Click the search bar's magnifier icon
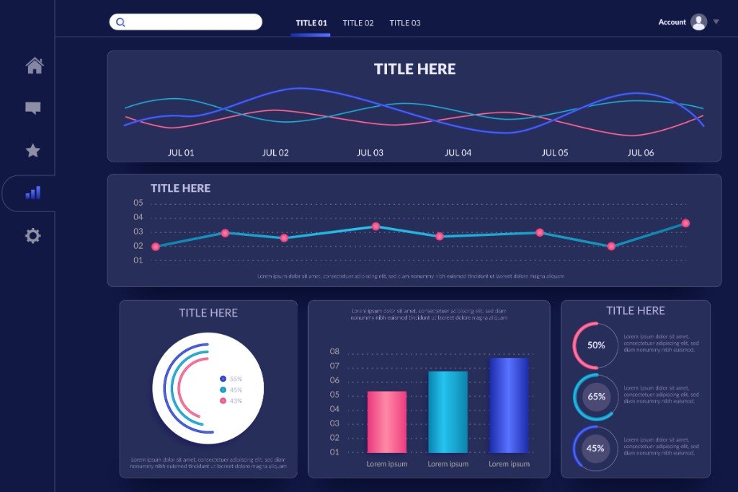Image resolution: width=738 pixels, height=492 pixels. tap(120, 22)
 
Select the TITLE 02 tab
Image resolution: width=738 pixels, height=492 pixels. tap(358, 23)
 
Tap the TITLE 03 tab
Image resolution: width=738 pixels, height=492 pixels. tap(405, 23)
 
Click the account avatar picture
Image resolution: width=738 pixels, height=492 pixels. tap(698, 22)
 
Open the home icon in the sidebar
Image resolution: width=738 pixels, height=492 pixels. tap(34, 66)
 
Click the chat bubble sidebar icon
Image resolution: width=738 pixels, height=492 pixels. tap(33, 108)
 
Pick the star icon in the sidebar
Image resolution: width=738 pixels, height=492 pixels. tap(33, 151)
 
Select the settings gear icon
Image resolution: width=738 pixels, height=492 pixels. tap(33, 236)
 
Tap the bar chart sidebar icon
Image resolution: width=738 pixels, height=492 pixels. tap(33, 193)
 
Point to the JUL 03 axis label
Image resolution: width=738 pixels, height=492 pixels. tap(370, 153)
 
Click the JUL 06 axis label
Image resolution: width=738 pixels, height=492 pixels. tap(640, 153)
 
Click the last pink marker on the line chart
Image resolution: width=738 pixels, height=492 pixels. tap(685, 223)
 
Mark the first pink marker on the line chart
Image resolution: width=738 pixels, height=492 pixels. tap(156, 247)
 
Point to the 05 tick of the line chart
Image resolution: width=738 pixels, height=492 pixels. tap(138, 203)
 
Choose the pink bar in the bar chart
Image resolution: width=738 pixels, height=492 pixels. tap(387, 422)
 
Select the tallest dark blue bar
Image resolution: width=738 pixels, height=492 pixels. tap(509, 405)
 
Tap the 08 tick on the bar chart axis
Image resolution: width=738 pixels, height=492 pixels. tap(334, 351)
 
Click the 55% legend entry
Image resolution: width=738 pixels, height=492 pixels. tap(231, 379)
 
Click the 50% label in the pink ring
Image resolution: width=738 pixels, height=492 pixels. tap(596, 345)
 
